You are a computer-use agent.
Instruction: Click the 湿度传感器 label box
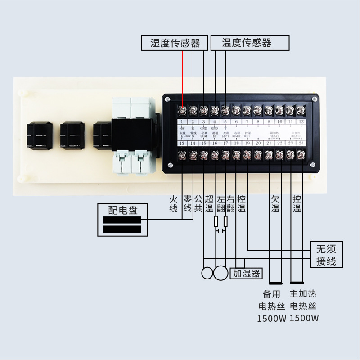click(175, 43)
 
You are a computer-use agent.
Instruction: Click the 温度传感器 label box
click(247, 43)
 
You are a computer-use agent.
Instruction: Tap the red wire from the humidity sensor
click(183, 76)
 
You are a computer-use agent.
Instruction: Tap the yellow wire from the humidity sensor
click(193, 76)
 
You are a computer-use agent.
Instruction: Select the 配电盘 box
click(123, 220)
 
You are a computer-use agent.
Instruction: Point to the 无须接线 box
click(326, 255)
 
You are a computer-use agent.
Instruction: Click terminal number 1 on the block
click(182, 121)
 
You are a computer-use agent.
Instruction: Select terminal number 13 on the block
click(182, 143)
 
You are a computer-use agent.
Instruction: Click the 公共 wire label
click(198, 203)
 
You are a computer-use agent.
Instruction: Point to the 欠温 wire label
click(275, 203)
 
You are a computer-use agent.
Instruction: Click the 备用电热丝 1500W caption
click(272, 306)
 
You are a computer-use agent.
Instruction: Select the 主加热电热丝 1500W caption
click(304, 306)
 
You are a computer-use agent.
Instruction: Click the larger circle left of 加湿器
click(220, 273)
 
